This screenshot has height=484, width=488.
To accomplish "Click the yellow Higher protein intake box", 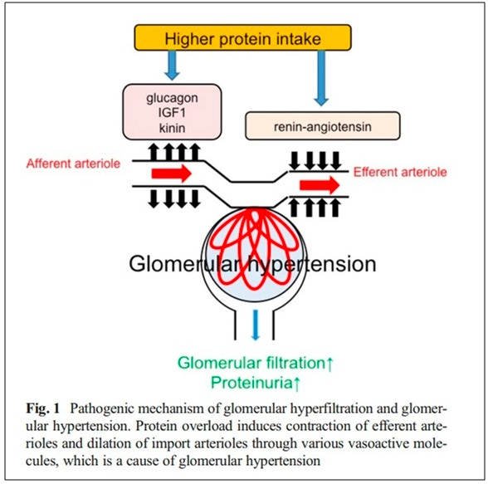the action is (242, 37).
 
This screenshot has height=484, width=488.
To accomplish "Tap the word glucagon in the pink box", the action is (172, 98).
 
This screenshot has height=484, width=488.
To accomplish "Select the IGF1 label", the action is (172, 113).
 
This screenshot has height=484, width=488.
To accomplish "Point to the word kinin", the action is (172, 128).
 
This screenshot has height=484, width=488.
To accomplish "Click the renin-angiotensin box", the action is (323, 125).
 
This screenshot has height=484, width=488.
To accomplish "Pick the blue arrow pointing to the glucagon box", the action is (172, 66).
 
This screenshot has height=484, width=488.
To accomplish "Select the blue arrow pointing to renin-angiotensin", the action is (321, 78).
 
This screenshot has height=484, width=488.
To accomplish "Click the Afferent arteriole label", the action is (73, 164).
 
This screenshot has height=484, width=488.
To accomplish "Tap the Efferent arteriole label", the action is (400, 172).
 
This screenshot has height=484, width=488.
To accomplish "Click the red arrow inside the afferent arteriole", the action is (172, 174).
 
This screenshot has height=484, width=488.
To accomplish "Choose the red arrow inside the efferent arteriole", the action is (320, 185).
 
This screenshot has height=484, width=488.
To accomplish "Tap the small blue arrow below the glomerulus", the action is (256, 325).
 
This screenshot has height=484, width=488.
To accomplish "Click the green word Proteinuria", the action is (251, 383).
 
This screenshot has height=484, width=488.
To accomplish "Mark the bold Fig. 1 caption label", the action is (42, 408).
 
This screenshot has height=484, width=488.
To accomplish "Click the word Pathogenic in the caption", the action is (102, 409).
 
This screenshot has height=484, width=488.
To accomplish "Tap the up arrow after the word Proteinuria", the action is (296, 384).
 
